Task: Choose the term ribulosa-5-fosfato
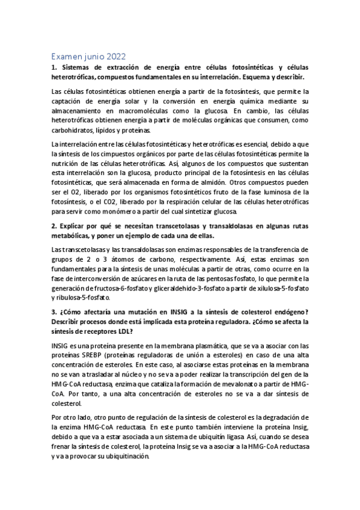point(81,297)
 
